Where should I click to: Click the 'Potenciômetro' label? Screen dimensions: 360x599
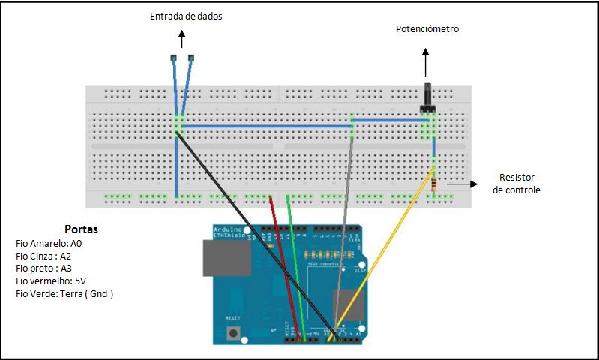tap(427, 29)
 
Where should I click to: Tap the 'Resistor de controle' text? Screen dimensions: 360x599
tap(516, 184)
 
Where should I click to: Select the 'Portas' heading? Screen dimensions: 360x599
tap(81, 229)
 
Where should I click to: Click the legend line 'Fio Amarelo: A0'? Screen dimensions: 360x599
tap(49, 243)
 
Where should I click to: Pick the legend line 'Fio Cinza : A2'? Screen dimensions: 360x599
tap(44, 256)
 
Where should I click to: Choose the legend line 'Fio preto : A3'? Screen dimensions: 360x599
tap(44, 268)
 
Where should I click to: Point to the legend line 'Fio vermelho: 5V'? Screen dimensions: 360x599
tap(51, 280)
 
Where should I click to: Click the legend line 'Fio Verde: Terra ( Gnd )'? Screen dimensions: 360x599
tap(64, 293)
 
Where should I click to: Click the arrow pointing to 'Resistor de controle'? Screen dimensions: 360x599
tap(461, 183)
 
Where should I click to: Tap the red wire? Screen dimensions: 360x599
tap(284, 262)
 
